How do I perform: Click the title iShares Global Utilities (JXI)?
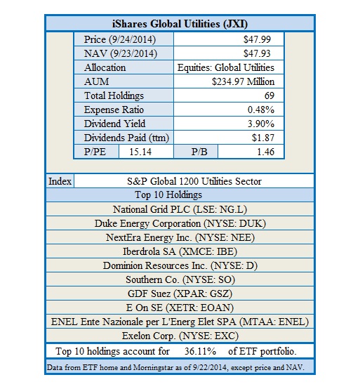pos(180,22)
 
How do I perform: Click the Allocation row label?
pos(105,68)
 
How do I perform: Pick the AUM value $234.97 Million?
pos(243,82)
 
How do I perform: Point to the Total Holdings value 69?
pos(268,96)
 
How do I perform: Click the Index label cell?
pos(60,181)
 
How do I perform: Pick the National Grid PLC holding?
pos(180,209)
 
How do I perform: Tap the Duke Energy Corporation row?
pos(180,223)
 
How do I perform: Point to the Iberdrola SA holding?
pos(180,251)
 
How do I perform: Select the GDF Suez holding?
pos(180,294)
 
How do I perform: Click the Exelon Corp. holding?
pos(180,336)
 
